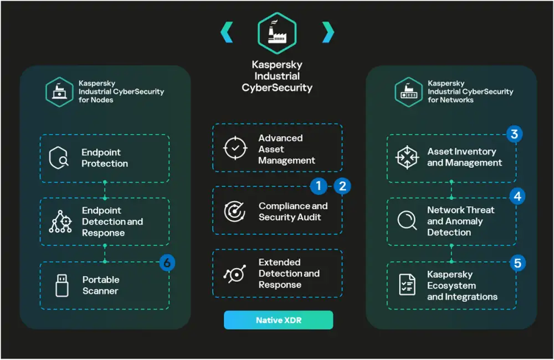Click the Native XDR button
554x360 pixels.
278,320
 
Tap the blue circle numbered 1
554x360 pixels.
319,186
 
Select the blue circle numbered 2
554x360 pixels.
342,186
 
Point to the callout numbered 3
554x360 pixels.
515,134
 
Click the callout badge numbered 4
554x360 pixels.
517,196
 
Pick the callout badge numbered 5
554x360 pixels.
517,263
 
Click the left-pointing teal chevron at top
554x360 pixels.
227,32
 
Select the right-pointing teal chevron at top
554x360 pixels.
328,32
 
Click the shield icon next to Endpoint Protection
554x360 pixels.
59,158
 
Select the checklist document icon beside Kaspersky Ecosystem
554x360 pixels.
407,285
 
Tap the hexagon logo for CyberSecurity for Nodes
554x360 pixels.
59,91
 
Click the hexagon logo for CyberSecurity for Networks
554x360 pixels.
408,91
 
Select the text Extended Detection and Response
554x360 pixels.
289,274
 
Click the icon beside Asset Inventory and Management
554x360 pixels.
408,157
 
